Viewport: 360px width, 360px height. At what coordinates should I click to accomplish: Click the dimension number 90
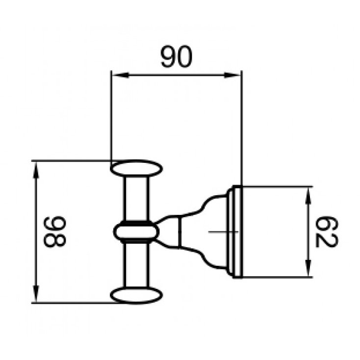[x=177, y=58]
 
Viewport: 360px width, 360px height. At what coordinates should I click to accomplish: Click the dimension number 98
[x=53, y=231]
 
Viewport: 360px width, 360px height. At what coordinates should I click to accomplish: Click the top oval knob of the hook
[x=136, y=169]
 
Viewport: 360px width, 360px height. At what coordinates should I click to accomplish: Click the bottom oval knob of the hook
[x=136, y=295]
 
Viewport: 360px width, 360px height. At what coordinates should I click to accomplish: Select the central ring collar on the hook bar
[x=136, y=232]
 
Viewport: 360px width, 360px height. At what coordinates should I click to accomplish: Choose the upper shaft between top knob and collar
[x=136, y=199]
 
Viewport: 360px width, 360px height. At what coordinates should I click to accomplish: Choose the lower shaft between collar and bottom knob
[x=136, y=265]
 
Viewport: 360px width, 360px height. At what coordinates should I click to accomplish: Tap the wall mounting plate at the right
[x=236, y=232]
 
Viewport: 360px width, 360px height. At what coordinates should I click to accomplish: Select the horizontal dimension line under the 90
[x=177, y=75]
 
